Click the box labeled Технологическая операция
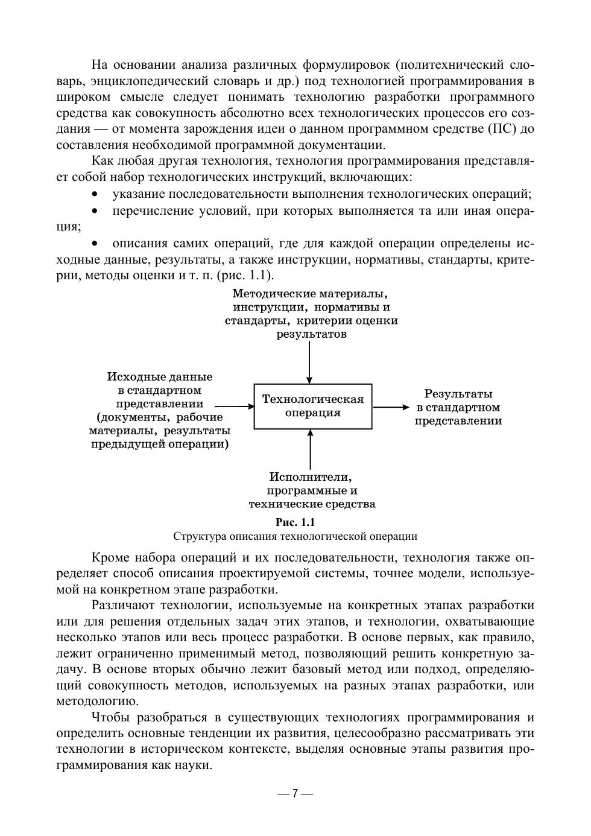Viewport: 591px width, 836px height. click(312, 406)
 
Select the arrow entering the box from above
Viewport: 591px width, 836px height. click(309, 362)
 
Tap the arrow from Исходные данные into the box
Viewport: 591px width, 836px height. click(234, 407)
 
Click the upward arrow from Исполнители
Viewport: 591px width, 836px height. click(310, 449)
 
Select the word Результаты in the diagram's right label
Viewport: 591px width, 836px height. click(458, 394)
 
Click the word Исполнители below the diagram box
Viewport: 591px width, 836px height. click(310, 477)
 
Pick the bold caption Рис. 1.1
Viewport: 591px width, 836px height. click(295, 522)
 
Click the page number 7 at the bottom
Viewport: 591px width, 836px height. click(295, 793)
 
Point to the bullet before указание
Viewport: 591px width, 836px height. click(95, 195)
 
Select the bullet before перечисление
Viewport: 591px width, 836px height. click(95, 211)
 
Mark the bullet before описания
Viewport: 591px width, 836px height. click(95, 244)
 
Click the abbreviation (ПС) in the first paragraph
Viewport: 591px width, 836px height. click(507, 128)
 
